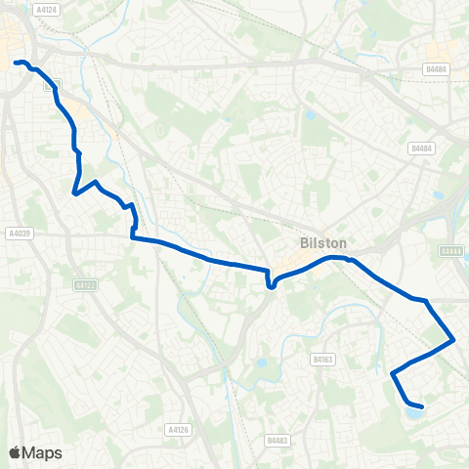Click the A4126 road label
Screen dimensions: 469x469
click(178, 428)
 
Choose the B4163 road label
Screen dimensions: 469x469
click(322, 360)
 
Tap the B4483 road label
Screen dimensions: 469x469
click(276, 441)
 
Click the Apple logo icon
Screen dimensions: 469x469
click(15, 452)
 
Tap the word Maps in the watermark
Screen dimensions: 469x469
click(42, 452)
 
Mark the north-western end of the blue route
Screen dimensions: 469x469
click(16, 64)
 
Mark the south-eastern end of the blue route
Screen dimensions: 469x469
click(422, 406)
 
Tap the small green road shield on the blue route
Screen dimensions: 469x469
click(53, 85)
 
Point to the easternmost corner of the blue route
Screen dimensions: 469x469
click(453, 340)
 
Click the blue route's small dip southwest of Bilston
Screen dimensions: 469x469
click(270, 286)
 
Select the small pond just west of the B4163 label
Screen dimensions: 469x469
click(262, 364)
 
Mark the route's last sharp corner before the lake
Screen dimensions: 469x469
click(393, 373)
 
